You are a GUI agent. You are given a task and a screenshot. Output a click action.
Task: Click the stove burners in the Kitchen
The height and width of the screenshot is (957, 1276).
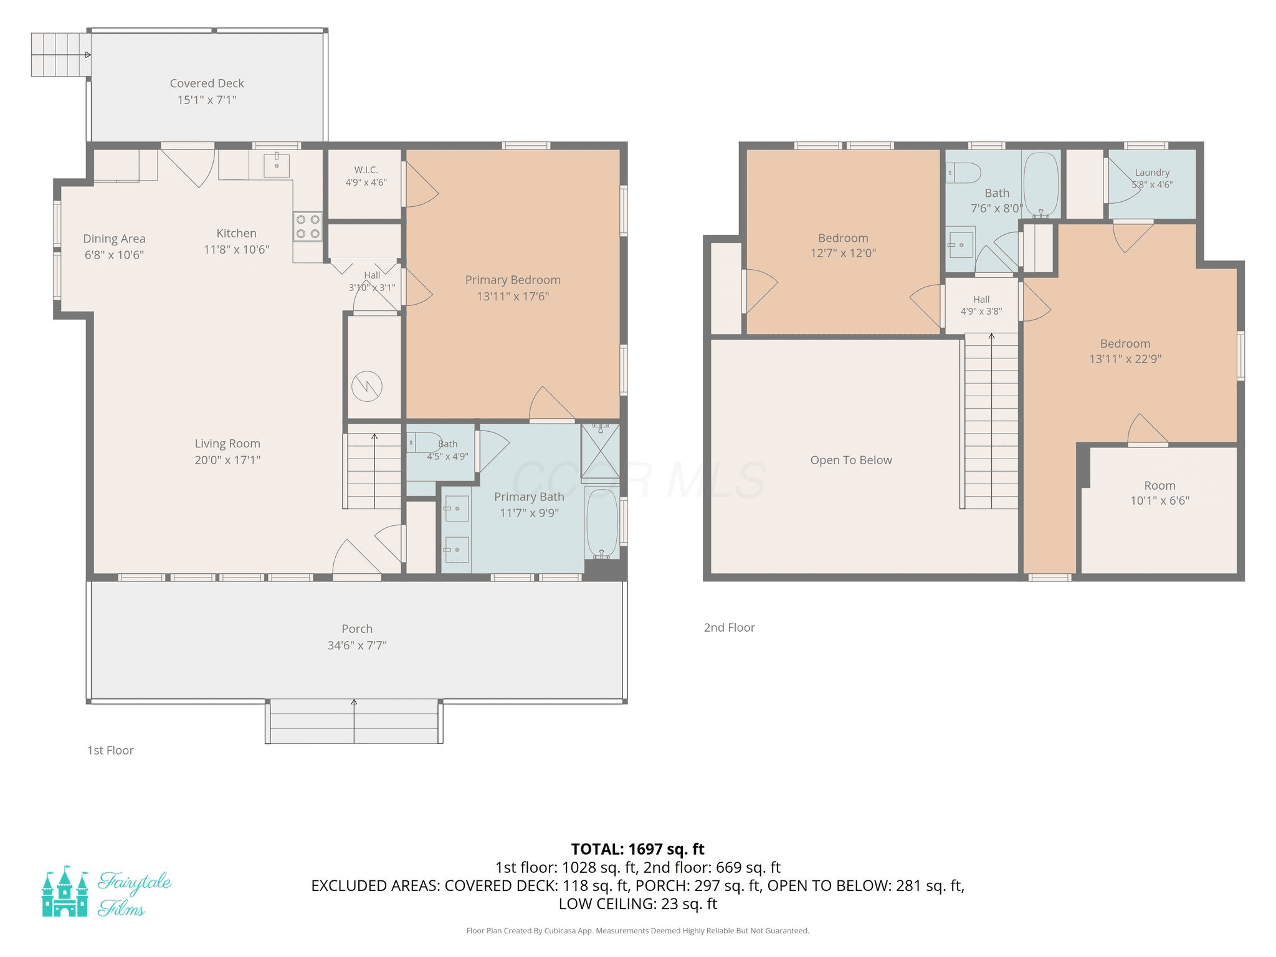click(308, 227)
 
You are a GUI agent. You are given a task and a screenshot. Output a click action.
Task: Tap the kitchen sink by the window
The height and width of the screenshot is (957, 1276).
click(277, 164)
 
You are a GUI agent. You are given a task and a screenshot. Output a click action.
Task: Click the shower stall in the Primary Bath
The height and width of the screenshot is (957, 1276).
click(600, 452)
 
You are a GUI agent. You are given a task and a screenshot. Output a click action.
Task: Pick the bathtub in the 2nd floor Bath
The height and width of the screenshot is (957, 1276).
click(1041, 184)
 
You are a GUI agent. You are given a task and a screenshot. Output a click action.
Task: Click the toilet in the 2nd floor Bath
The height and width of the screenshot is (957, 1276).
click(963, 173)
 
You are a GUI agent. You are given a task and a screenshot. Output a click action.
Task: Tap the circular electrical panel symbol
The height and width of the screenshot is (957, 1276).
click(367, 386)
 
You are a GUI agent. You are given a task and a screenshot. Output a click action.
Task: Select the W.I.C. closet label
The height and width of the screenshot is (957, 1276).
click(366, 169)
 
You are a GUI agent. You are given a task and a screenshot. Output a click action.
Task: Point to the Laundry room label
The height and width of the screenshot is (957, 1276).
click(1152, 173)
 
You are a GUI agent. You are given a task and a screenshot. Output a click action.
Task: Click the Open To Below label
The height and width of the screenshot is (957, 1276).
click(851, 460)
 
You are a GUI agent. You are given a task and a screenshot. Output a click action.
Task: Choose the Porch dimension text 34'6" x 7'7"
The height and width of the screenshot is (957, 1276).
click(357, 645)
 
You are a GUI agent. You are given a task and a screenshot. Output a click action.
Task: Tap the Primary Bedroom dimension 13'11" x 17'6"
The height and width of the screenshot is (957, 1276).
click(513, 297)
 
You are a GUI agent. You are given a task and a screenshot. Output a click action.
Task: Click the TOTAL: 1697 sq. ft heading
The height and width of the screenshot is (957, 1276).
click(638, 849)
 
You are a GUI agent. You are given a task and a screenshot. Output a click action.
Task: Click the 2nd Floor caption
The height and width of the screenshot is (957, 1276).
click(730, 627)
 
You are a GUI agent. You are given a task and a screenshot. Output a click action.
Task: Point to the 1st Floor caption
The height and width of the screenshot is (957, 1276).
click(110, 750)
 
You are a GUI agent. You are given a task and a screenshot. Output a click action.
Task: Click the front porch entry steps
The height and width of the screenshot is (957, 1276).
click(354, 721)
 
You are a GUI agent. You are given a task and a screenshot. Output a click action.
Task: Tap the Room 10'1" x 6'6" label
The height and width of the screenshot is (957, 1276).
click(1159, 493)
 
